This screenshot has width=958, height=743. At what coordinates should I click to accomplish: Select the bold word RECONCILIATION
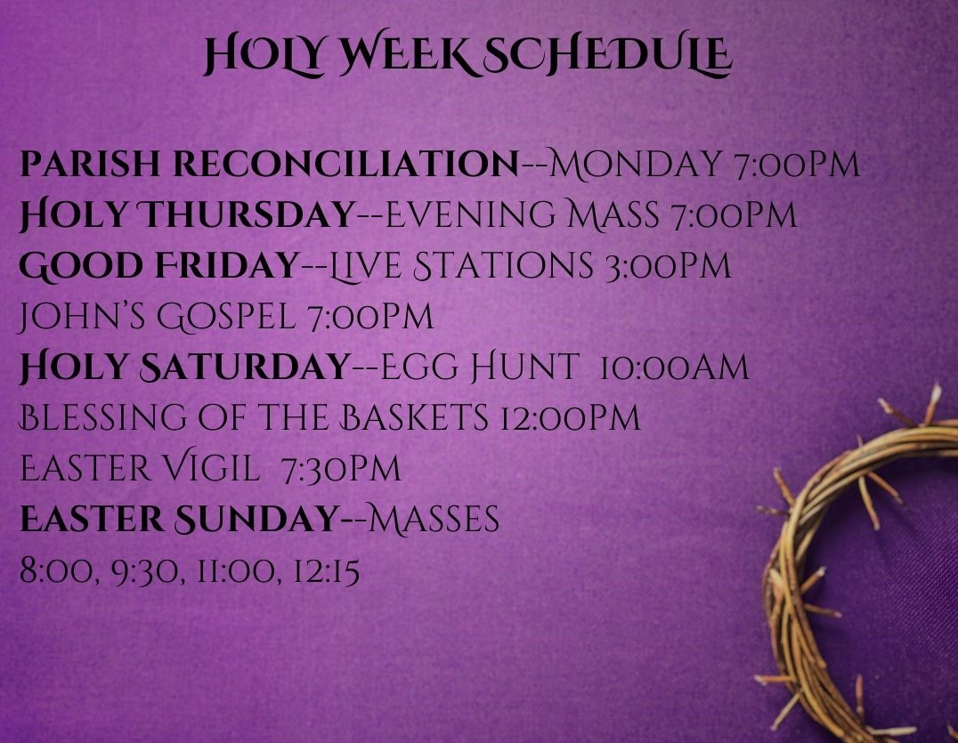click(345, 166)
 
